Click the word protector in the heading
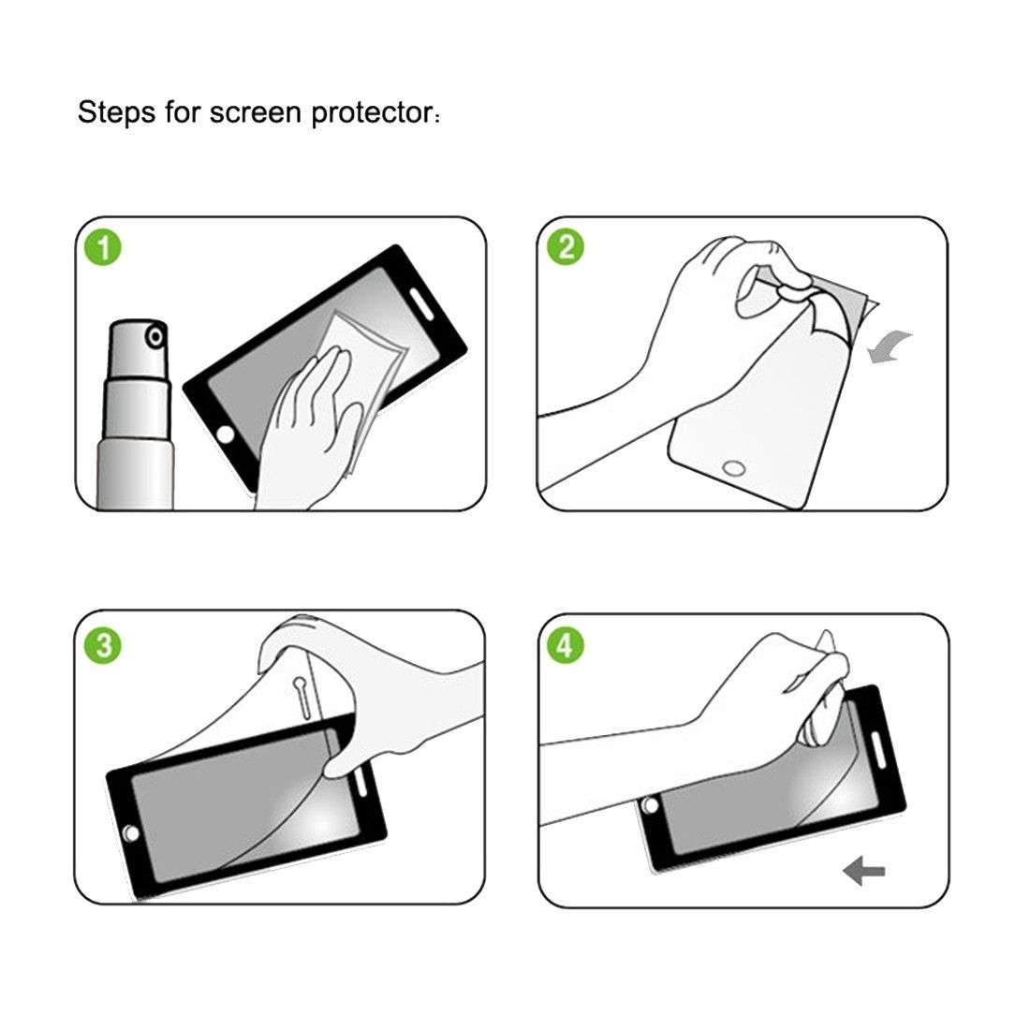(370, 114)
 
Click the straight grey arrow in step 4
(863, 872)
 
